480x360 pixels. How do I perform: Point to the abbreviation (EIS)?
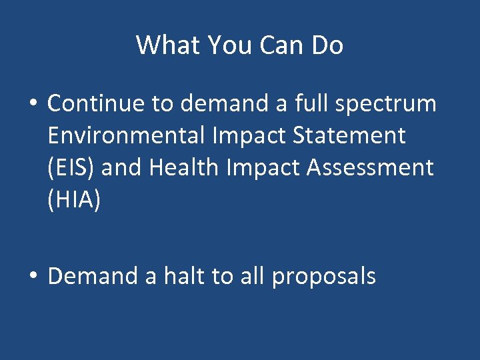click(71, 167)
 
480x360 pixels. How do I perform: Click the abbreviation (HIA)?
click(74, 199)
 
